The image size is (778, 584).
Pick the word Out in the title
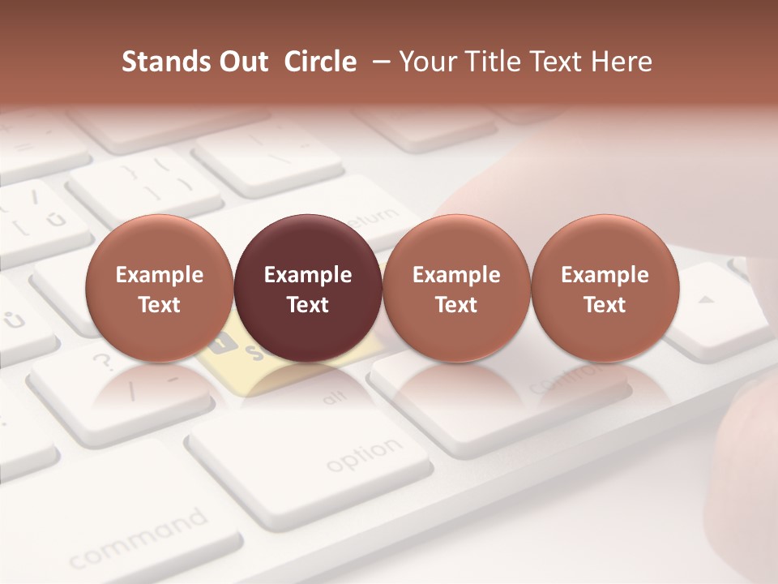[x=244, y=62]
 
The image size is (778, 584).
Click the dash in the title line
[x=378, y=62]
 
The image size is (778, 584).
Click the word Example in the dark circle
[x=308, y=275]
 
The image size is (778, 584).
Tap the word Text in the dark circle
[x=308, y=305]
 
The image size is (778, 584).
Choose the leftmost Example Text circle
[x=159, y=288]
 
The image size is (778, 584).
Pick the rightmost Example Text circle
[x=605, y=288]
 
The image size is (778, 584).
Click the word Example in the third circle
[x=456, y=275]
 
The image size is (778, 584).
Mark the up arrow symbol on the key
[x=707, y=299]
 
